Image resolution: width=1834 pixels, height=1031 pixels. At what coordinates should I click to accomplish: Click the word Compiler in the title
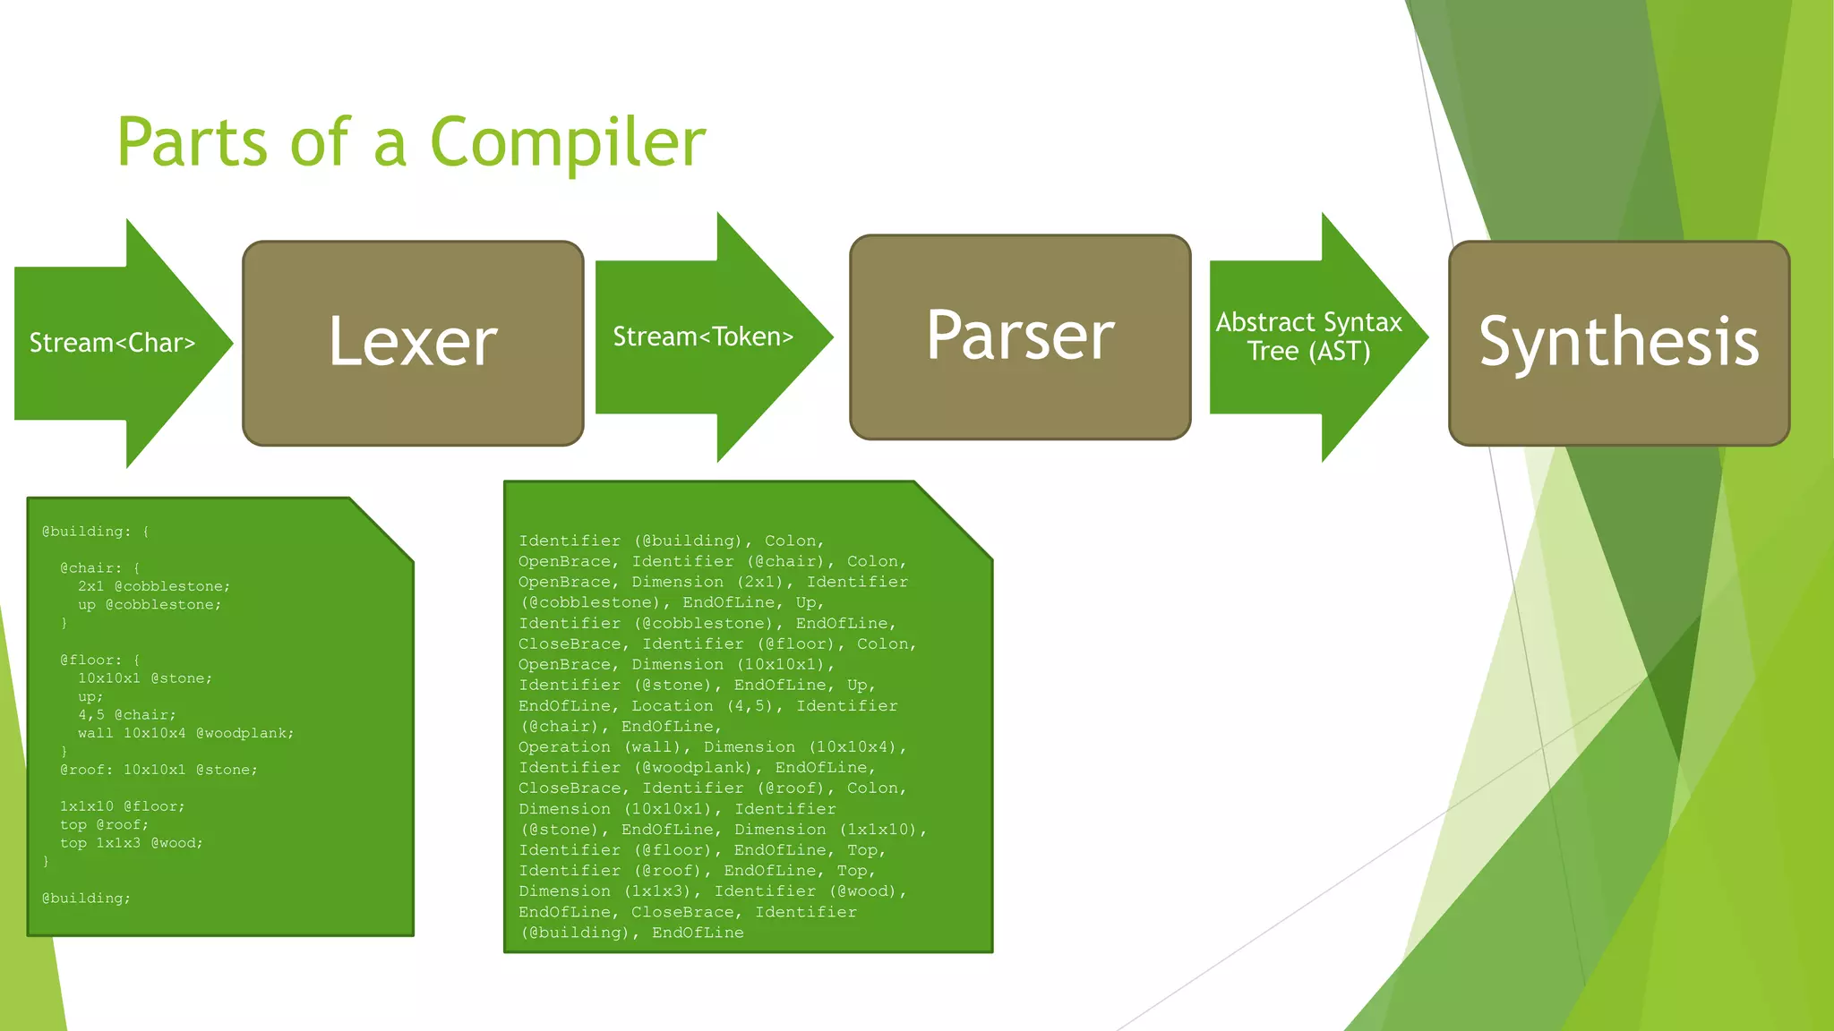pos(568,143)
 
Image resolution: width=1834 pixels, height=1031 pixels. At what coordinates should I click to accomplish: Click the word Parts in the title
pos(192,143)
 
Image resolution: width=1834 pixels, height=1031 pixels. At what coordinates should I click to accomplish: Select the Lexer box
pos(413,343)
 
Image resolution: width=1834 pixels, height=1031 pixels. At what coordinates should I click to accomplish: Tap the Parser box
pos(1020,337)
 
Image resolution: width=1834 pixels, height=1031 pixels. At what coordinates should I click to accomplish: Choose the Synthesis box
pos(1618,343)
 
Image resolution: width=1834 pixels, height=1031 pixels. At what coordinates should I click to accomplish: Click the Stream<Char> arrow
pos(113,343)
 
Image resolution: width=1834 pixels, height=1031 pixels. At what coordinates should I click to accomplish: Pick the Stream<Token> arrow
pos(703,337)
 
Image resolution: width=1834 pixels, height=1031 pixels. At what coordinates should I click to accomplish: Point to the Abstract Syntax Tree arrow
pos(1308,337)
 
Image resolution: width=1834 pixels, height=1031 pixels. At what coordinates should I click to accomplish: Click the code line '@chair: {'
pos(100,568)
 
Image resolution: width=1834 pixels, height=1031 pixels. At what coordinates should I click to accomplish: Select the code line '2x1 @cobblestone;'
pos(154,586)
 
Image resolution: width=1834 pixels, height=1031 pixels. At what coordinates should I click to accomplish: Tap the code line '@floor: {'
pos(100,660)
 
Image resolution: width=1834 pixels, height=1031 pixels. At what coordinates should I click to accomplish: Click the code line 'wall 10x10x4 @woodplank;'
pos(185,733)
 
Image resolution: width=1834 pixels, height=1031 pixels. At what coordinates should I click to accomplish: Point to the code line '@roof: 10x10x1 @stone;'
pos(159,770)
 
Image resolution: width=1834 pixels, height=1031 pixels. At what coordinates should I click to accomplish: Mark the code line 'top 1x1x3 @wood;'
pos(132,843)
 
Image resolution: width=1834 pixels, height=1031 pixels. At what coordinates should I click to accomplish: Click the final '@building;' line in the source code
pos(86,898)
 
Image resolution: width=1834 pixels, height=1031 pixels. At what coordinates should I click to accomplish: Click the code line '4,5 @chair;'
pos(127,715)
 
